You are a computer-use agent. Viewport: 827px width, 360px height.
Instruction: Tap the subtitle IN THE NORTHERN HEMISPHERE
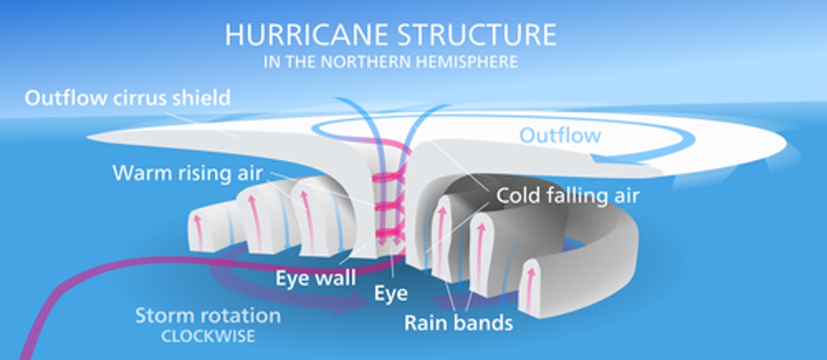pos(391,61)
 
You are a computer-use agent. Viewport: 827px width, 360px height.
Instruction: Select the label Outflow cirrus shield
pos(127,98)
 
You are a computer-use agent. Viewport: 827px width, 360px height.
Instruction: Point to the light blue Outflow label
pos(560,136)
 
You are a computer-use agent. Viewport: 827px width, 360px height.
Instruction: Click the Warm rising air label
pos(187,173)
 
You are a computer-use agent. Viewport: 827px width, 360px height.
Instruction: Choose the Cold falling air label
pos(567,195)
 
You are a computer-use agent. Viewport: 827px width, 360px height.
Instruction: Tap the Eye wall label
pos(315,278)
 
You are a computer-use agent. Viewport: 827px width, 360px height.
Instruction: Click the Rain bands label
pos(458,323)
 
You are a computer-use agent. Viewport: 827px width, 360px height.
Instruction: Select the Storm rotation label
pos(208,315)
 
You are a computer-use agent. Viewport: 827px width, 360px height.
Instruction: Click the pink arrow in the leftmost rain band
pos(198,229)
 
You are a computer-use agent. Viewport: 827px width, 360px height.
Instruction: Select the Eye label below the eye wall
pos(391,293)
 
